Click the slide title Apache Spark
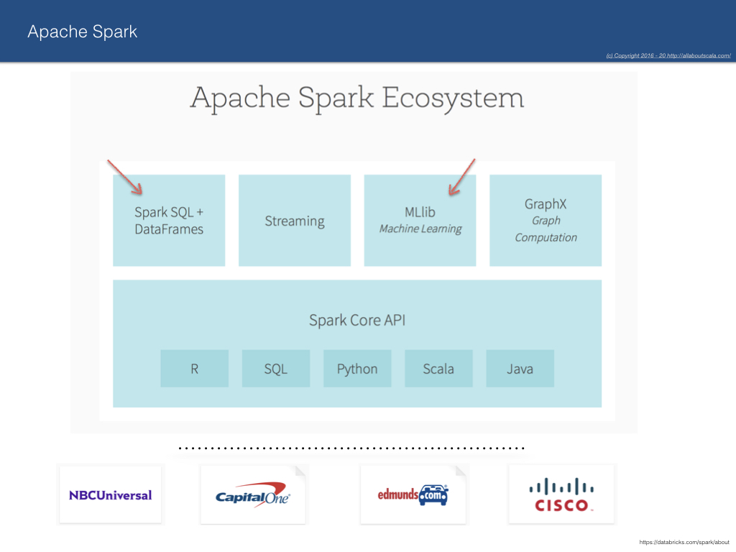pos(82,32)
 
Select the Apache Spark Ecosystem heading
pos(356,98)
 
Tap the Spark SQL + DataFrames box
pos(169,221)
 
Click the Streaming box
pos(295,221)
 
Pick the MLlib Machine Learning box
pos(420,221)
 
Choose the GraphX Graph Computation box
pos(546,221)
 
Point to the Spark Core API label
pos(357,320)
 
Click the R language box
pos(194,369)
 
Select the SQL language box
pos(276,369)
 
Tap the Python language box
pos(357,369)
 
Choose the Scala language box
pos(438,369)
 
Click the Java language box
pos(520,369)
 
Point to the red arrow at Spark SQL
pos(124,177)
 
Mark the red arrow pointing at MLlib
pos(462,177)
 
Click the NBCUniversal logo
pos(110,495)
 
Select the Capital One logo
pos(252,495)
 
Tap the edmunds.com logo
pos(413,494)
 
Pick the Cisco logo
pos(561,494)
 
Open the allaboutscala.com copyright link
pos(668,55)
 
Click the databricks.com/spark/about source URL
pos(684,542)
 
